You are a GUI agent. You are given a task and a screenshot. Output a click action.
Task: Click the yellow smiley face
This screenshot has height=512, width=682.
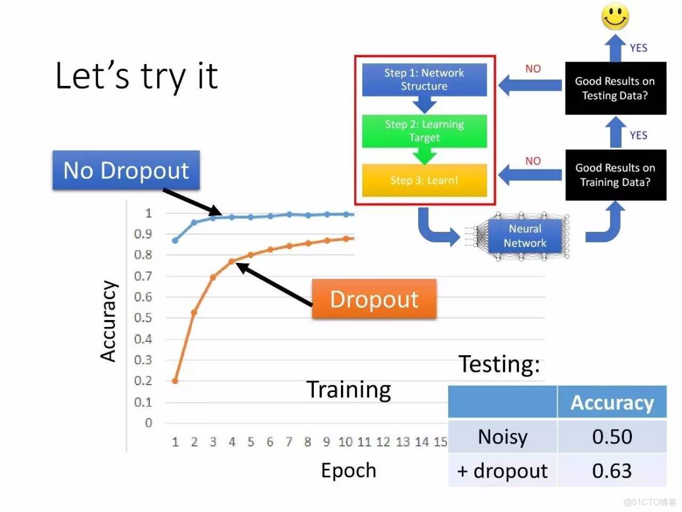(615, 17)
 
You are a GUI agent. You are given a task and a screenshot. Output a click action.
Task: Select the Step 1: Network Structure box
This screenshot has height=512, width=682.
(424, 80)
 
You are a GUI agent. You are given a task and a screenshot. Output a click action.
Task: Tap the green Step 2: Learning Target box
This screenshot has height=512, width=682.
(424, 131)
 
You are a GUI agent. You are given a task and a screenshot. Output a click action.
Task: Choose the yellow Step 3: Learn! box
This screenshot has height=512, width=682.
(424, 180)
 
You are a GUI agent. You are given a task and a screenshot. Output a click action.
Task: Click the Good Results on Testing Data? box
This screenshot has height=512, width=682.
(615, 88)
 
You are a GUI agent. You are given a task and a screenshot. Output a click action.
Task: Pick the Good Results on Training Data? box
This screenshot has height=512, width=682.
(615, 175)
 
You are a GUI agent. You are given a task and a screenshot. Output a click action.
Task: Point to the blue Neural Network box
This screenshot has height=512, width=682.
(525, 236)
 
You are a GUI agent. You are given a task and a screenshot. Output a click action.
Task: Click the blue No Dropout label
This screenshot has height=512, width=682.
(126, 170)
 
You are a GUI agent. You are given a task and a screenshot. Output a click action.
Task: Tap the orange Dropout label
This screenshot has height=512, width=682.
(374, 299)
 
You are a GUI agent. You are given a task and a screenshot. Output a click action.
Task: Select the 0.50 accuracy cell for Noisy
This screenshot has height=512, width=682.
(612, 436)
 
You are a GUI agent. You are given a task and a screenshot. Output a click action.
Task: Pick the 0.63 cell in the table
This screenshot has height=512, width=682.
(612, 470)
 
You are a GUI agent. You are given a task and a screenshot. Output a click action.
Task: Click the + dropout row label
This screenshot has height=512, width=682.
(502, 470)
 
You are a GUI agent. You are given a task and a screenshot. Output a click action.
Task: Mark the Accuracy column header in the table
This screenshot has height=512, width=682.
(612, 402)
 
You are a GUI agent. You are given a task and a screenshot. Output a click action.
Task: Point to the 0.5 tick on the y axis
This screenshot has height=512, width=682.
(143, 318)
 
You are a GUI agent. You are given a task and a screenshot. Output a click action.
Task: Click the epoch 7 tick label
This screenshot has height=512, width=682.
(289, 442)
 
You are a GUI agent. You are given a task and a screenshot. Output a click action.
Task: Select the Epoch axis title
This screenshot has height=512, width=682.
(348, 470)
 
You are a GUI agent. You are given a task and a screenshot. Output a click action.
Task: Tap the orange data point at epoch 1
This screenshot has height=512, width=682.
(175, 381)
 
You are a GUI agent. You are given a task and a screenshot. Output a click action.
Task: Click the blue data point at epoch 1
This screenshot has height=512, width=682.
(175, 240)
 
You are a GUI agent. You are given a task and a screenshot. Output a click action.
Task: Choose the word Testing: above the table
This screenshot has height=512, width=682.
(499, 364)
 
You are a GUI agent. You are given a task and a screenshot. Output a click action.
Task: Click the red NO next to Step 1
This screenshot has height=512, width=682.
(533, 69)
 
